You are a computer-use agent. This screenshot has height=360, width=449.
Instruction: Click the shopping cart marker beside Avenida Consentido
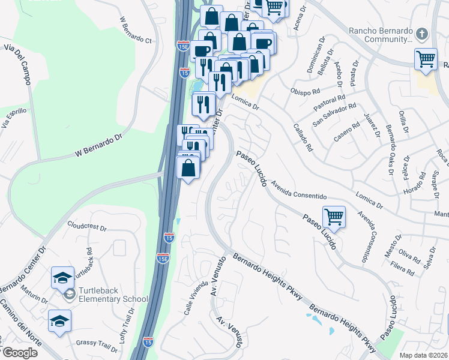334,217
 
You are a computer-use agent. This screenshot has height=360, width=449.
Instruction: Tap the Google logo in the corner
20,352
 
